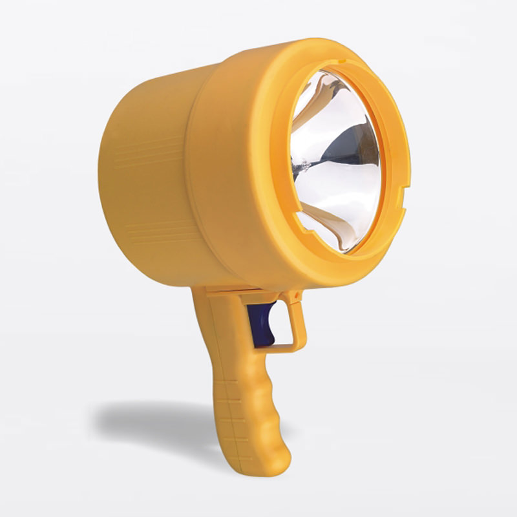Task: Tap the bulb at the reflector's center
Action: [x=299, y=169]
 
